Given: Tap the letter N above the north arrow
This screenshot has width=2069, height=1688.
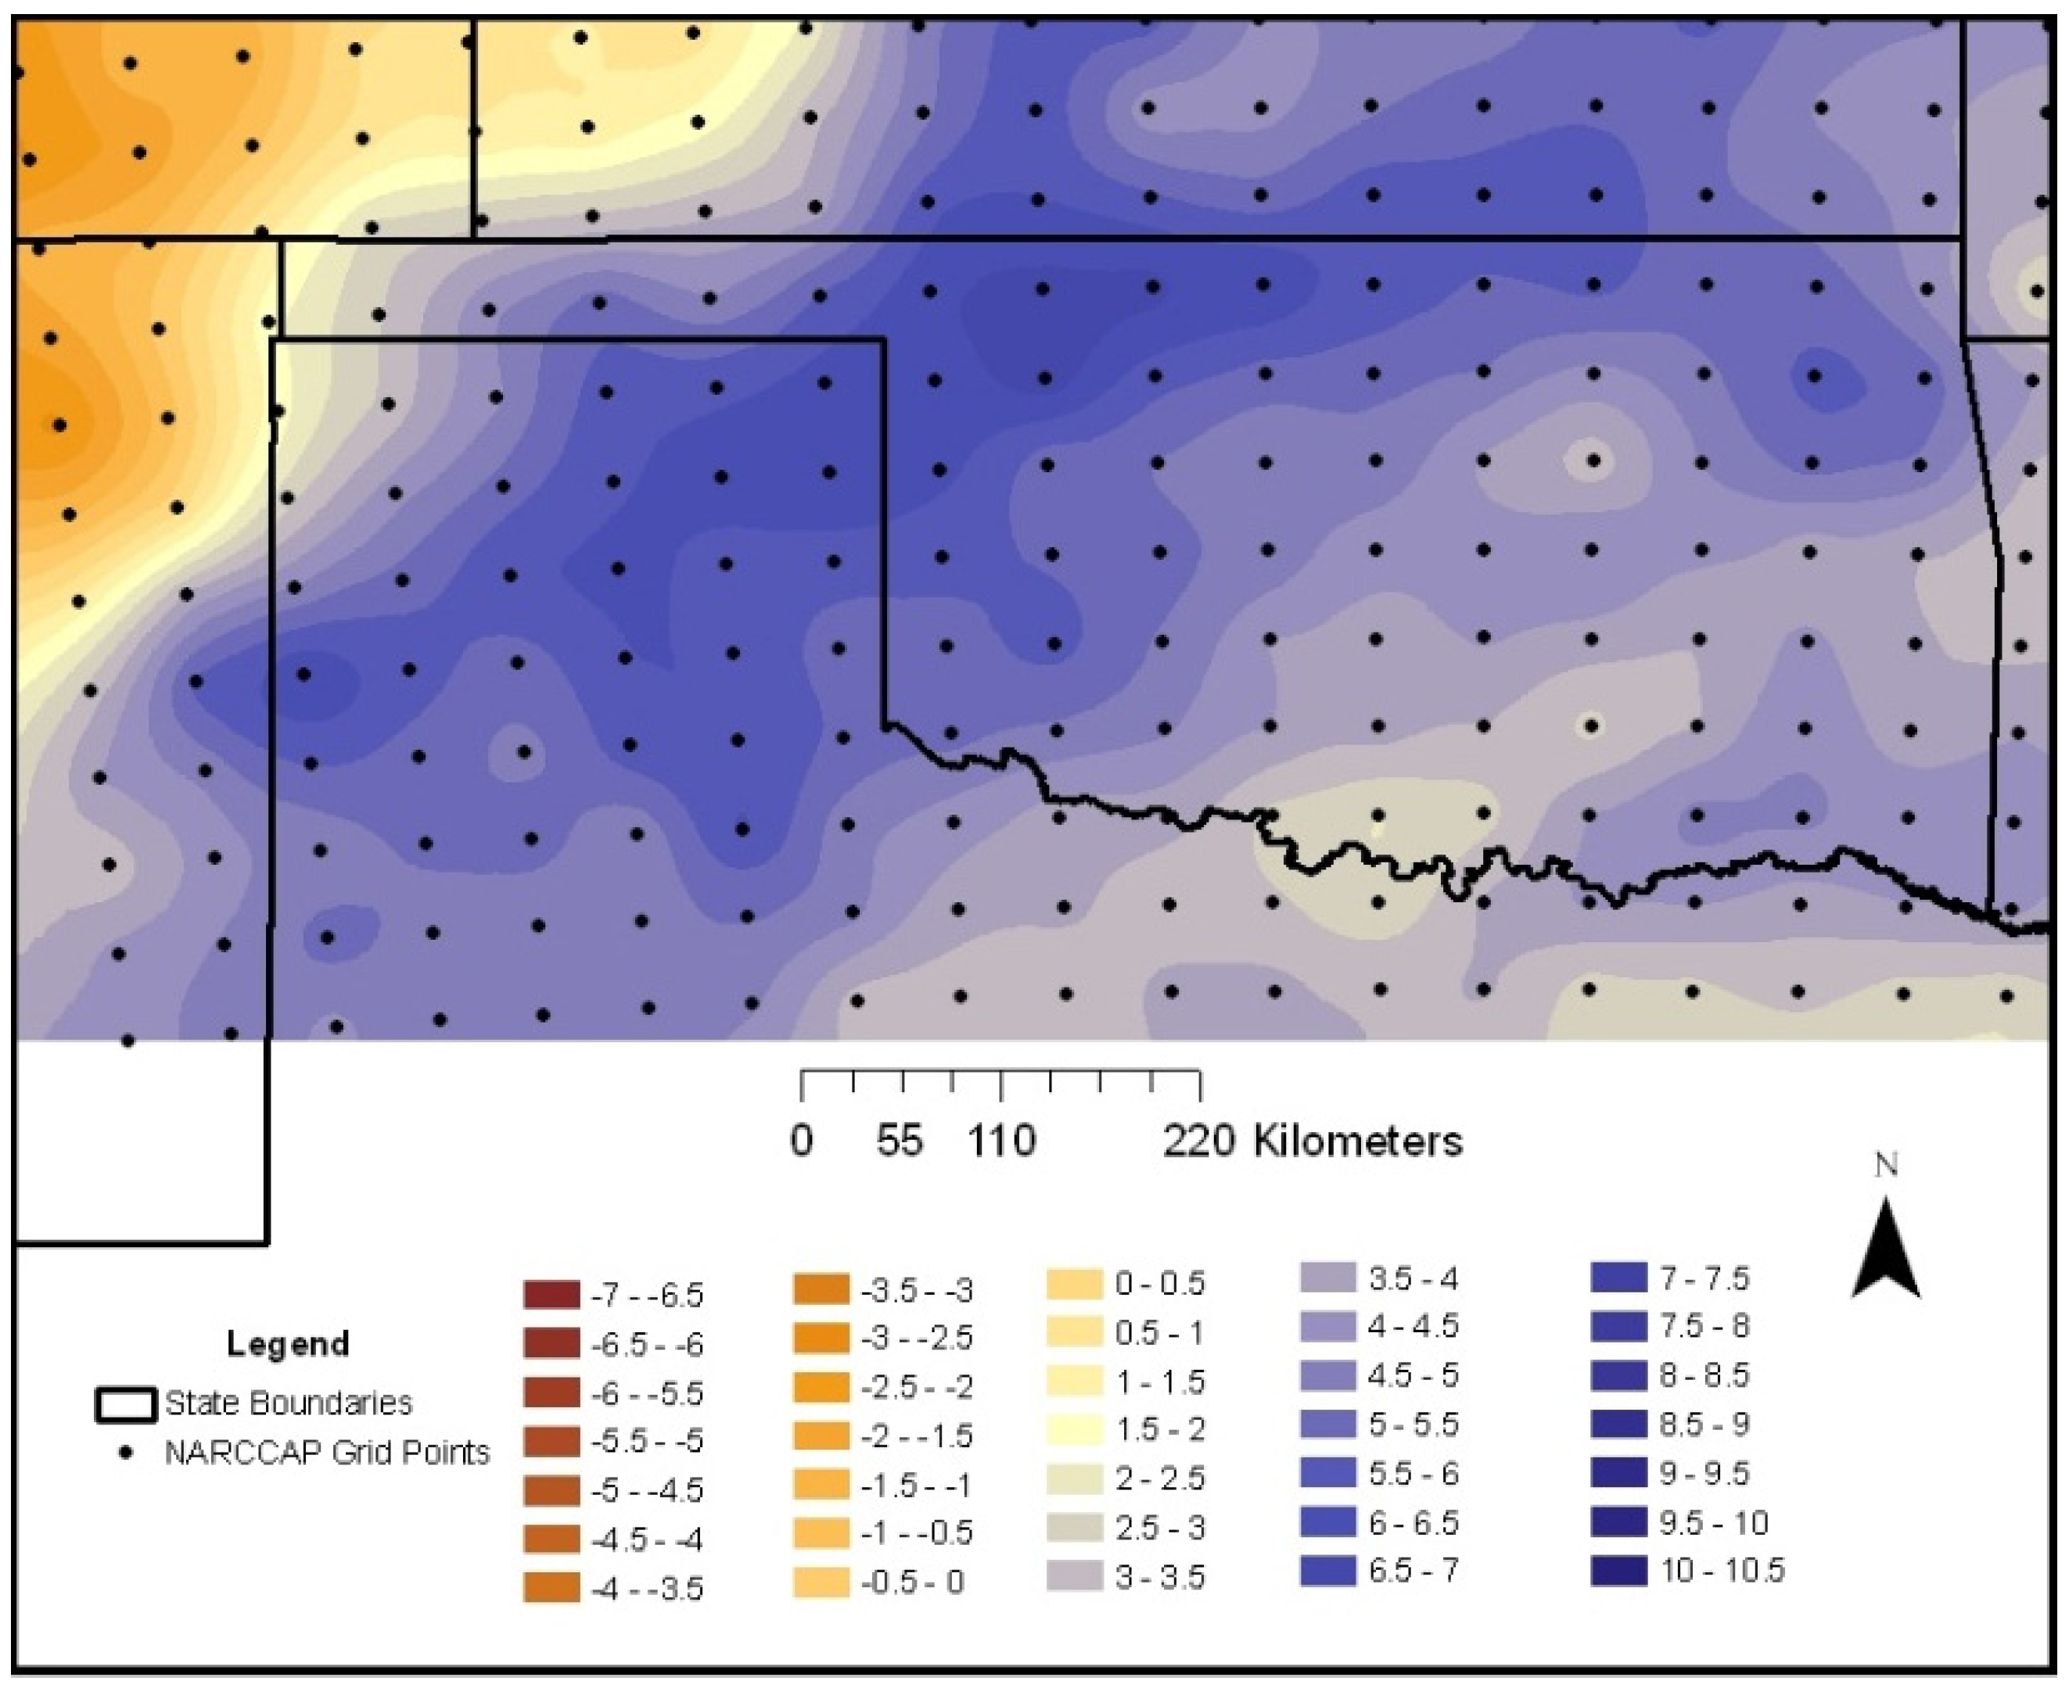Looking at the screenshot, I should [1886, 1165].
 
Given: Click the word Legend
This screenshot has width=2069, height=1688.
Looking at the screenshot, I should [287, 1344].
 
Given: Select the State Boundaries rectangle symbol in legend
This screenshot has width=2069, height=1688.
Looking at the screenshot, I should [125, 1405].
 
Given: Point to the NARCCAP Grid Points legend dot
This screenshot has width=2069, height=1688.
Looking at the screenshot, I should [125, 1453].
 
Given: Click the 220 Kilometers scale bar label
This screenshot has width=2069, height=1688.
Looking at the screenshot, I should [1313, 1141].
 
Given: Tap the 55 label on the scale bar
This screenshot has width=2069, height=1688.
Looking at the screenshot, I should [899, 1141].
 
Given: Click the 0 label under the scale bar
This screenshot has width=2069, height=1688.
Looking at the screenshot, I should [802, 1141].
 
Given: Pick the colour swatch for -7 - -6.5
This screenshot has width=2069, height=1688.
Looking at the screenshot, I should [551, 1296].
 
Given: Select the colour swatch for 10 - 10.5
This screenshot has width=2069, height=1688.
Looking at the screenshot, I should [1618, 1571].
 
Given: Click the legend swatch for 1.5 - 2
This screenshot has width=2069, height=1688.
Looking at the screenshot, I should [1075, 1429].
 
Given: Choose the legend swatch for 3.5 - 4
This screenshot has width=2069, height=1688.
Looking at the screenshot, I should [1327, 1278].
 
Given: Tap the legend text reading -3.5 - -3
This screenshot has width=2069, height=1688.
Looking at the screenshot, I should [916, 1292].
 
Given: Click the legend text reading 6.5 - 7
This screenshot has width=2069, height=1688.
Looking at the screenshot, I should [1413, 1571].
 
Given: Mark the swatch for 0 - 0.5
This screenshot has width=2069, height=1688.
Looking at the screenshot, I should [1075, 1284].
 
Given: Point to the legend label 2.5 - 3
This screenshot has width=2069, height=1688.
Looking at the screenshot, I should [1159, 1528].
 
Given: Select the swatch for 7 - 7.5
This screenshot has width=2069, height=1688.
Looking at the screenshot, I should [1618, 1278].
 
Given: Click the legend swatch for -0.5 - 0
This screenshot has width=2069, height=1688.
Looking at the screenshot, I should [822, 1582].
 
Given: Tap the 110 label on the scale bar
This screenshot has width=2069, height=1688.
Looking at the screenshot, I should [1002, 1141].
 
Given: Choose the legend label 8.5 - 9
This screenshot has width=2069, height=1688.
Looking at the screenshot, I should [1704, 1425].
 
